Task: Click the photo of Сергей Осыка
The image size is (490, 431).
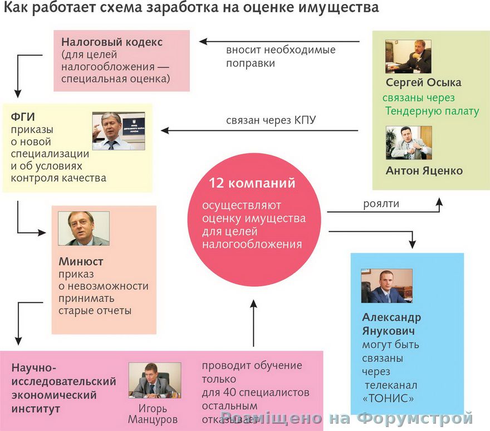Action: coord(408,56)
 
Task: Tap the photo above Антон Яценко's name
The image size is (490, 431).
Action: coord(408,143)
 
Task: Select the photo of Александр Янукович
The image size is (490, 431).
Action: coord(386,286)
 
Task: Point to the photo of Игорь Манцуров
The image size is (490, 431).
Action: coord(155,380)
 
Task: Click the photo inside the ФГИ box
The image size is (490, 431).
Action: coord(118,131)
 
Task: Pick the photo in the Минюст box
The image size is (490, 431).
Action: coord(84,228)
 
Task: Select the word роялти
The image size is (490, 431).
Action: coord(381,204)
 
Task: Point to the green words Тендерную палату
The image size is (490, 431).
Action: coord(432,111)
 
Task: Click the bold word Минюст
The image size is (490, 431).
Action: coord(80,261)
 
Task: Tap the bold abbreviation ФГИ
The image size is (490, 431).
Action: coord(22,117)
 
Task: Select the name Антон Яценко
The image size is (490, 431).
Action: coord(424,170)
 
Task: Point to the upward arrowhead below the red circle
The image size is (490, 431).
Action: coord(253,303)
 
